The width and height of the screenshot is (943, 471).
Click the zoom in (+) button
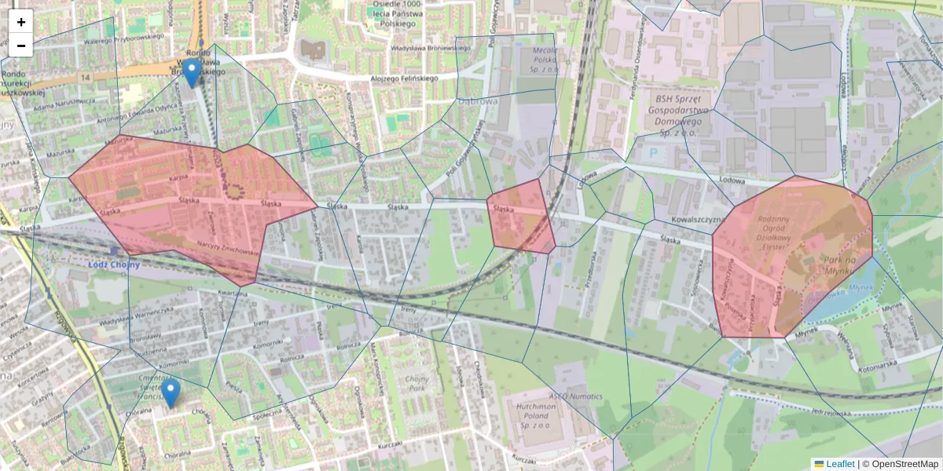pyautogui.click(x=21, y=21)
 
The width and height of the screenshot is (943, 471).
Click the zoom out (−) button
pyautogui.click(x=21, y=46)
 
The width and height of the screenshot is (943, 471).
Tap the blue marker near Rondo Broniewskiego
pyautogui.click(x=192, y=73)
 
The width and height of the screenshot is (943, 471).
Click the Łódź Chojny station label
pyautogui.click(x=114, y=264)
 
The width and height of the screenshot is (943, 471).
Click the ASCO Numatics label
pyautogui.click(x=575, y=396)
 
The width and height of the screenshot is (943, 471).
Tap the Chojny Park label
pyautogui.click(x=416, y=384)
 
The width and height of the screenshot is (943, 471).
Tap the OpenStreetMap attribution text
pyautogui.click(x=904, y=464)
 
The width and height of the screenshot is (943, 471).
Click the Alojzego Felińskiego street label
pyautogui.click(x=404, y=78)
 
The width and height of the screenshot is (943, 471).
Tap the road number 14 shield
pyautogui.click(x=84, y=76)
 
